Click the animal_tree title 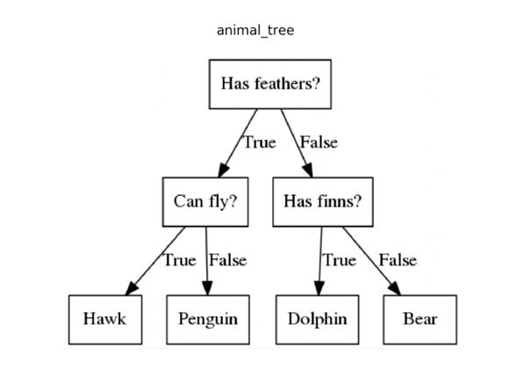[255, 31]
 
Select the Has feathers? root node [269, 84]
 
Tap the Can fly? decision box [205, 201]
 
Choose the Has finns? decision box [322, 201]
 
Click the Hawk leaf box [104, 318]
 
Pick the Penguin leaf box [207, 318]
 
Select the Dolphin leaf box [317, 318]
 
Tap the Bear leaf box [420, 318]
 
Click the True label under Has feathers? [259, 142]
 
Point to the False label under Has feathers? [318, 142]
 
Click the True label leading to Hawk [179, 260]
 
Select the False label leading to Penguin [227, 260]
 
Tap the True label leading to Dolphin [339, 260]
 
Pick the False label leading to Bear [398, 260]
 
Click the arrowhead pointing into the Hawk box [133, 288]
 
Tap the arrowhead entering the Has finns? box [309, 171]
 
